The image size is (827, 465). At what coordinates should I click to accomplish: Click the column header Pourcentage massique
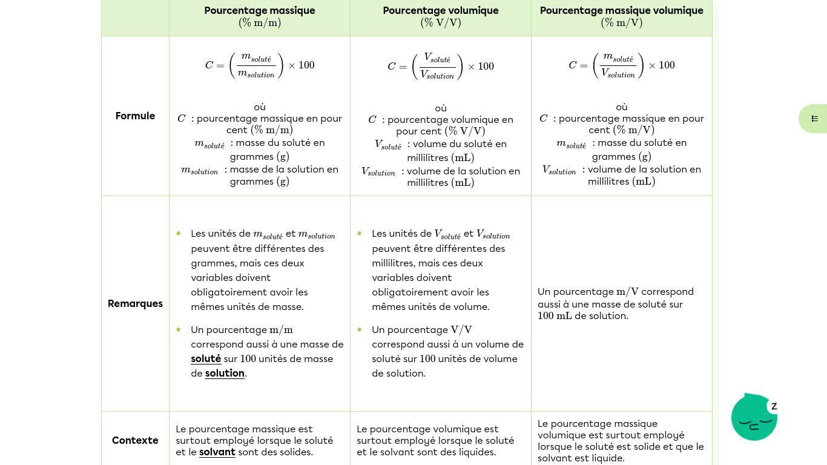tap(259, 10)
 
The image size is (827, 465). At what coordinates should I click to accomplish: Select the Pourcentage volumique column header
tap(440, 10)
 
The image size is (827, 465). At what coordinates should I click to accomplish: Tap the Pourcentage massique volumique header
tap(621, 10)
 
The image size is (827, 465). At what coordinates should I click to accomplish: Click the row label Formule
tap(135, 116)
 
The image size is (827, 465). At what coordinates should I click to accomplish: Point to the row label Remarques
tap(135, 303)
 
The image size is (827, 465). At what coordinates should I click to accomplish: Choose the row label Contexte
tap(135, 440)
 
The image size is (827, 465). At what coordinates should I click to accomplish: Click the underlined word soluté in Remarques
tap(206, 358)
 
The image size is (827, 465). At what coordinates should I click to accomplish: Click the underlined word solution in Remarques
tap(225, 373)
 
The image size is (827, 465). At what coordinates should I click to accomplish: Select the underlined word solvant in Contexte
tap(217, 452)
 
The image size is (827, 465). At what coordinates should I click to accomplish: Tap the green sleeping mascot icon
tap(754, 417)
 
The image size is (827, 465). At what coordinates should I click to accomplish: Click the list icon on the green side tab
tap(815, 119)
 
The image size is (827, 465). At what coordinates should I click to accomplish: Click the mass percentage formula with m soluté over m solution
tap(259, 65)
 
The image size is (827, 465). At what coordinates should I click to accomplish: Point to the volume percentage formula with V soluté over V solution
tap(440, 66)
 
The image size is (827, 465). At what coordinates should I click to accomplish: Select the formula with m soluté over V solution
tap(621, 65)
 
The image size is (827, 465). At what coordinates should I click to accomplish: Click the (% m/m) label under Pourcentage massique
tap(259, 23)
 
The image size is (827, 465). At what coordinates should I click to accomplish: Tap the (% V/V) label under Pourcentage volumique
tap(440, 23)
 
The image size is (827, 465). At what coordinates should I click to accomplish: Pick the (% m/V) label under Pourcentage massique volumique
tap(621, 23)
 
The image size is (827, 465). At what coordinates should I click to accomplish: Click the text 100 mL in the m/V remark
tap(554, 315)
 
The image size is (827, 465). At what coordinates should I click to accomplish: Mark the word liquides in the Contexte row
tap(476, 452)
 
